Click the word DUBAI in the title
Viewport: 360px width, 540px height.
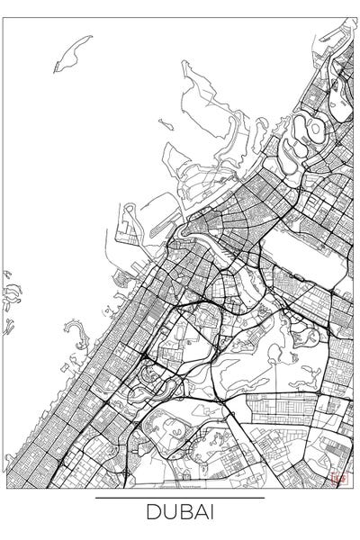(179, 515)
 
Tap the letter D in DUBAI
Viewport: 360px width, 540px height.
(151, 515)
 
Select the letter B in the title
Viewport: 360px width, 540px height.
(179, 515)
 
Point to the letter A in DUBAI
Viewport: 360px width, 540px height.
(194, 515)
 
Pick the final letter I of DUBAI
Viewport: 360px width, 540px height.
(207, 515)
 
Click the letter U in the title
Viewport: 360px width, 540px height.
(165, 515)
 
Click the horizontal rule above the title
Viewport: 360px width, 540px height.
(179, 498)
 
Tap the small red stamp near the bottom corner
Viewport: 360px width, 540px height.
(339, 480)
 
